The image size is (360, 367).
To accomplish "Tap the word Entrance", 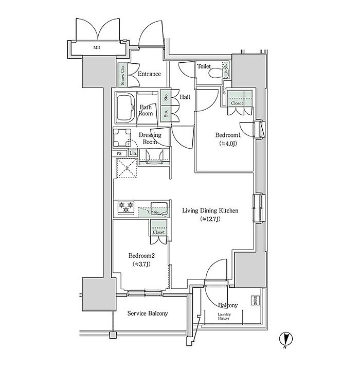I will pyautogui.click(x=149, y=74).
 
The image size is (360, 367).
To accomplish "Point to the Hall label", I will pyautogui.click(x=186, y=97).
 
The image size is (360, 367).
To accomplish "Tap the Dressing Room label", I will pyautogui.click(x=150, y=138).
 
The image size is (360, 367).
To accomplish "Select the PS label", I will pyautogui.click(x=119, y=153).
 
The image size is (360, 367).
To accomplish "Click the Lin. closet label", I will pyautogui.click(x=133, y=153).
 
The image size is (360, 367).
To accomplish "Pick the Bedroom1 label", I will pyautogui.click(x=228, y=134).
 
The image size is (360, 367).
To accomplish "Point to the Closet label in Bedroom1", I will pyautogui.click(x=237, y=103).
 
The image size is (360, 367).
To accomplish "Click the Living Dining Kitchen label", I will pyautogui.click(x=210, y=210).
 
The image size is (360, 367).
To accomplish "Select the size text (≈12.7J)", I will pyautogui.click(x=210, y=219).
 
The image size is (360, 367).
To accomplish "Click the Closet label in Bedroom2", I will pyautogui.click(x=158, y=232).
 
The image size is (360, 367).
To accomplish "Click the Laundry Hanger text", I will pyautogui.click(x=224, y=317).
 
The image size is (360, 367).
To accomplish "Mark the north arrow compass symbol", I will pyautogui.click(x=286, y=340).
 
